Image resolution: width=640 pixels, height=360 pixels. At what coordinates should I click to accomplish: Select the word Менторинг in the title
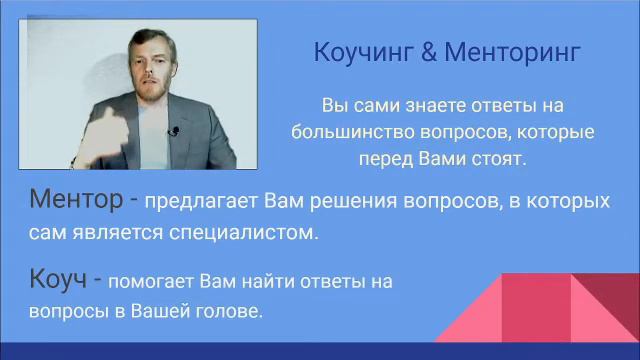point(511,53)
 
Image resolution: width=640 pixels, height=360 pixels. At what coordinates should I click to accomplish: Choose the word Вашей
point(166,311)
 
